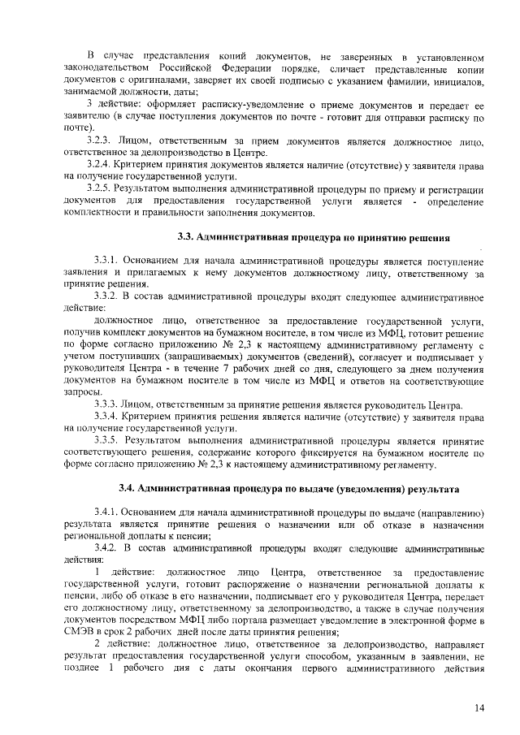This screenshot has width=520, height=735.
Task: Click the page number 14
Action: pos(479,708)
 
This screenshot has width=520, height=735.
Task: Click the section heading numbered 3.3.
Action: pos(314,237)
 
